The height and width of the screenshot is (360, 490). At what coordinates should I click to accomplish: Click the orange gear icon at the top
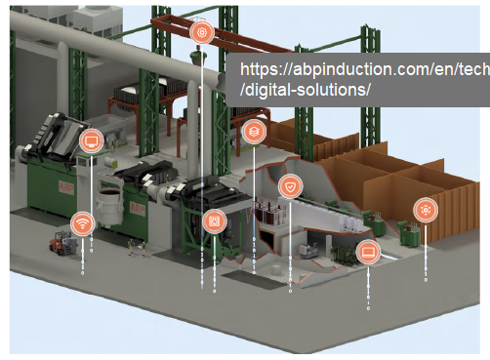pyautogui.click(x=201, y=32)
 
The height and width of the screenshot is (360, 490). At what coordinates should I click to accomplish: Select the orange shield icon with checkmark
pyautogui.click(x=291, y=186)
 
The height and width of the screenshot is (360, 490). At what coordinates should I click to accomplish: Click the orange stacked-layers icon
pyautogui.click(x=253, y=131)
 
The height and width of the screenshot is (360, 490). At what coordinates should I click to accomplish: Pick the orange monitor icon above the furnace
pyautogui.click(x=91, y=142)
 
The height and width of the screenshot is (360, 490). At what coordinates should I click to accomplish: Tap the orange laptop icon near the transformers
pyautogui.click(x=368, y=252)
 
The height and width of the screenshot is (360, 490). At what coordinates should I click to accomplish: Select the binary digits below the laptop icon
pyautogui.click(x=368, y=288)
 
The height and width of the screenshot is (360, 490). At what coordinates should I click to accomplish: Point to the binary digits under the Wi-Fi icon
pyautogui.click(x=83, y=259)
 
